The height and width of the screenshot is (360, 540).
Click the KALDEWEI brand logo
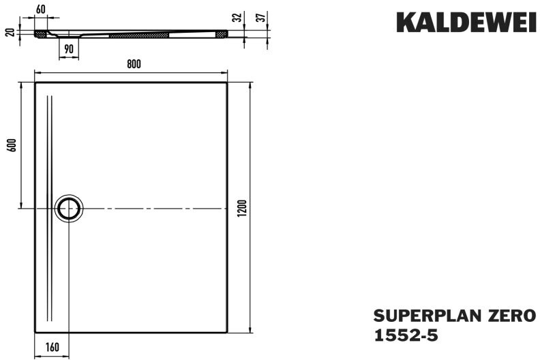pyautogui.click(x=466, y=22)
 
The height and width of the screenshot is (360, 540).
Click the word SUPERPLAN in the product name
pyautogui.click(x=417, y=316)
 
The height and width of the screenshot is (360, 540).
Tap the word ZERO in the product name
pyautogui.click(x=500, y=316)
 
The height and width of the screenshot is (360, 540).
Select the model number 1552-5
pyautogui.click(x=406, y=335)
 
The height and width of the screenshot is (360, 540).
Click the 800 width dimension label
pyautogui.click(x=134, y=64)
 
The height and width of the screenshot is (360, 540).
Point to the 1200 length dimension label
pyautogui.click(x=243, y=208)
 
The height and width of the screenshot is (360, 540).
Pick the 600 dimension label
pyautogui.click(x=12, y=145)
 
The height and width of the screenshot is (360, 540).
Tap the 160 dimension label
pyautogui.click(x=52, y=347)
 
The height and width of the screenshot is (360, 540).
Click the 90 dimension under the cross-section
pyautogui.click(x=69, y=49)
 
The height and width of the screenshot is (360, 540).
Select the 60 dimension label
pyautogui.click(x=41, y=10)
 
